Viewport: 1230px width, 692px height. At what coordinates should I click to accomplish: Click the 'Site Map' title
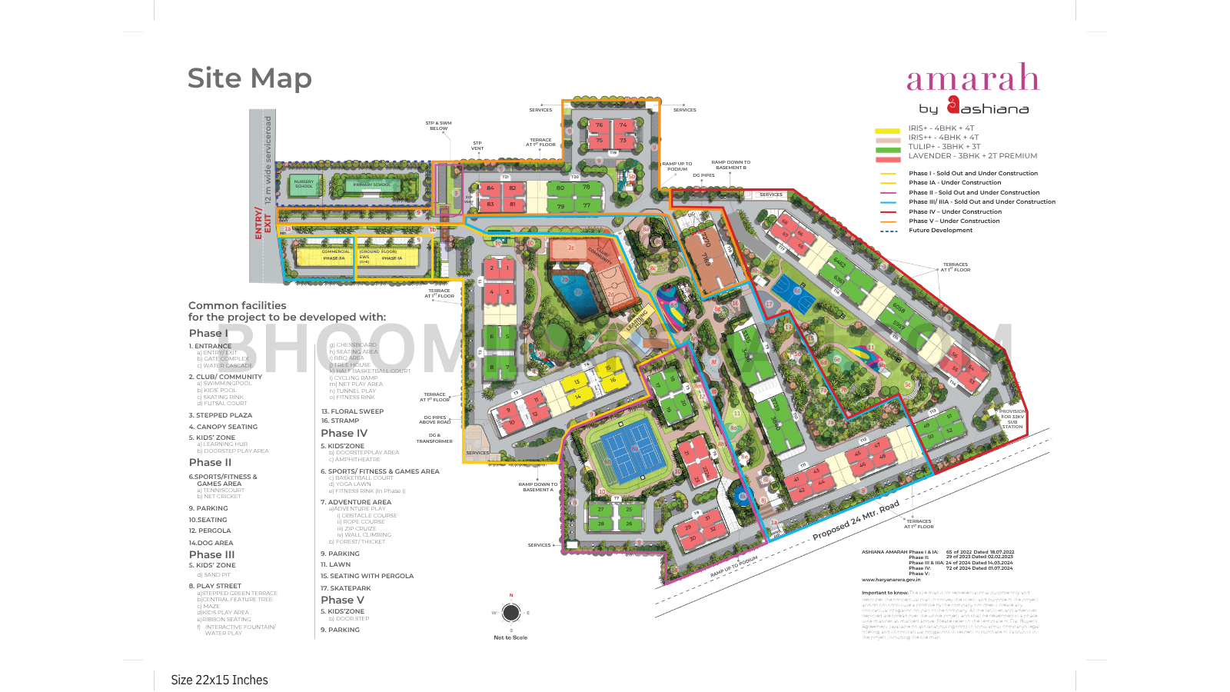pos(250,78)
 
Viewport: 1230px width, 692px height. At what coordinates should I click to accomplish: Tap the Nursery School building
pos(304,185)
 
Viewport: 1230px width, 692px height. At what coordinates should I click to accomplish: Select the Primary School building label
pos(372,185)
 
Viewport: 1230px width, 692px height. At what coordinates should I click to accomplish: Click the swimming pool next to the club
pos(577,292)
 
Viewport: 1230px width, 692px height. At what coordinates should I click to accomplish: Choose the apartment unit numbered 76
pos(599,125)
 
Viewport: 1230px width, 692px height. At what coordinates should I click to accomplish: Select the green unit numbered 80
pos(560,188)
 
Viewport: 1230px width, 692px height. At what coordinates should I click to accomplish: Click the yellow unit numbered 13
pos(577,381)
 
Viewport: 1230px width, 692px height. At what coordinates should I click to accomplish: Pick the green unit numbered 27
pos(601,509)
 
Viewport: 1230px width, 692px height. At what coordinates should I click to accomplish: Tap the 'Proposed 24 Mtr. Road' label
pos(856,521)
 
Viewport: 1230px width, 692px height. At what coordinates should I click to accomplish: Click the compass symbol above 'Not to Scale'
pos(511,613)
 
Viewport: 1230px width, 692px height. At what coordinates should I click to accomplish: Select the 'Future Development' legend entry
pos(940,231)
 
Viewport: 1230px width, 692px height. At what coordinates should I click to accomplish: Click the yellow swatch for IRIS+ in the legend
pos(887,131)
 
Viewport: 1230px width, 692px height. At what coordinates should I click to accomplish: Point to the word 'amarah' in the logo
pos(972,78)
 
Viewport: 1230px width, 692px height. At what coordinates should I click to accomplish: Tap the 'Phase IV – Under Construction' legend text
pos(955,211)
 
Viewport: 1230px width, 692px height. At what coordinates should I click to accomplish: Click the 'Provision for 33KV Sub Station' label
pos(1012,419)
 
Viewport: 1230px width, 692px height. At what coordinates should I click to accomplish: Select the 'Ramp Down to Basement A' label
pos(538,487)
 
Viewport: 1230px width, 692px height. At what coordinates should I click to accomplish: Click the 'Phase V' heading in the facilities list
pos(342,600)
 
